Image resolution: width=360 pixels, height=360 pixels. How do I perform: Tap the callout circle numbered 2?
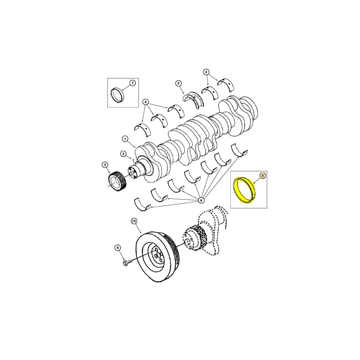coord(105,165)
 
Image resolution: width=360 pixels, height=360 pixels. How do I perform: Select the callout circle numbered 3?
coord(123,154)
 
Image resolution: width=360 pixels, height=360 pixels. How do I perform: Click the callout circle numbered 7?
coord(132,83)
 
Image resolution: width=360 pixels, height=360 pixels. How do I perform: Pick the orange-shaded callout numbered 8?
coord(262,176)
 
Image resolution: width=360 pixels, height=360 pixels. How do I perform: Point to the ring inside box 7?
coord(118,95)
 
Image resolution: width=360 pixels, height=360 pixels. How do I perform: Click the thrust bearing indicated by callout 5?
coord(195,100)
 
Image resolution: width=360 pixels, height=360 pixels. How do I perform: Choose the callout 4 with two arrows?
coord(206,72)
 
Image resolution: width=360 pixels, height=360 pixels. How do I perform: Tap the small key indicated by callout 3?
coord(133,161)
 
